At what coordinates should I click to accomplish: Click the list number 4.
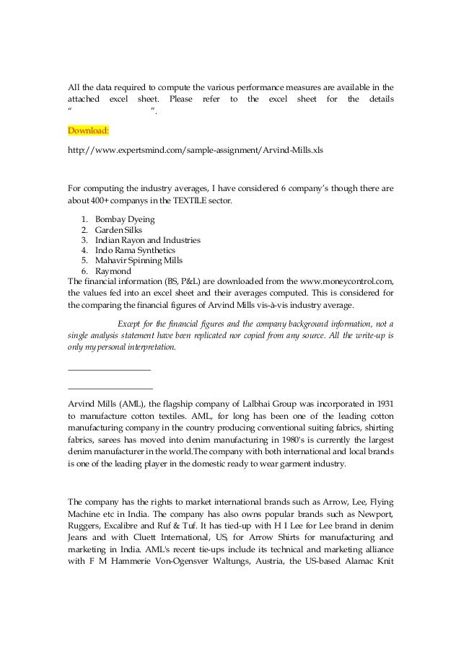85,249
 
